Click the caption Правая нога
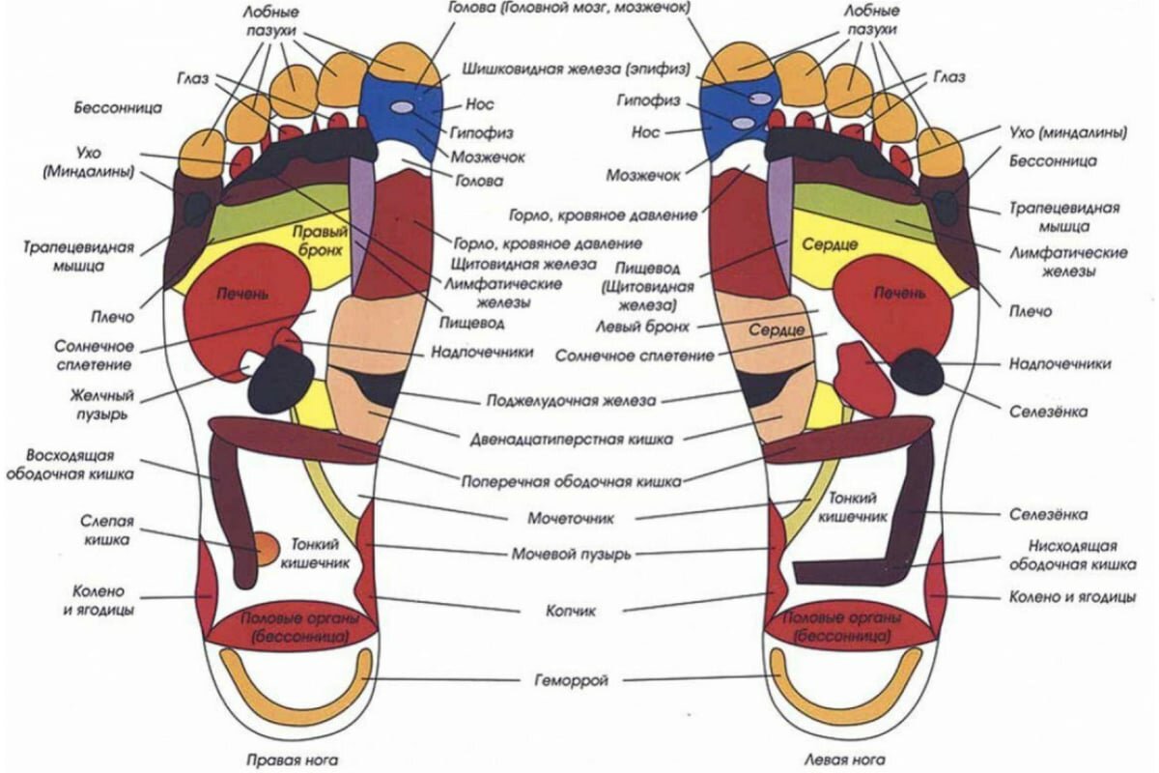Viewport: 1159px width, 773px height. coord(291,759)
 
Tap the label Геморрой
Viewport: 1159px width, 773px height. coord(572,680)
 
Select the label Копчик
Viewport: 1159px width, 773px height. coord(571,611)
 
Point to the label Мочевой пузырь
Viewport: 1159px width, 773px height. coord(571,554)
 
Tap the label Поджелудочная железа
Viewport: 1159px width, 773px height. coord(571,399)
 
